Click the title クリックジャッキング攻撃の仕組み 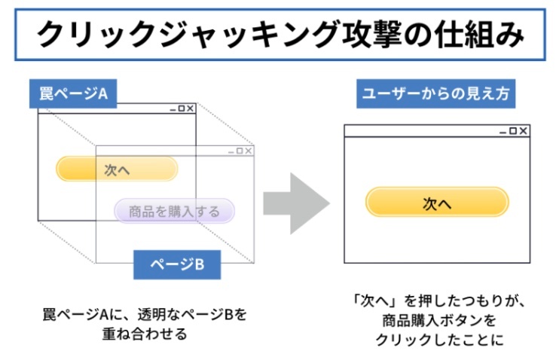280,35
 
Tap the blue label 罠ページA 73,93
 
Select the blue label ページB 177,264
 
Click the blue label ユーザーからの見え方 435,93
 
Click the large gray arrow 296,203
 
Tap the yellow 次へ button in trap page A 117,169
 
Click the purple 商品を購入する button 174,211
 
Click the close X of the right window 523,131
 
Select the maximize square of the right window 513,131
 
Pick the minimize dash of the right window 502,133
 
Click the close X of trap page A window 190,108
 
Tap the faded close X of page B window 248,151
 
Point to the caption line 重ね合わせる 145,334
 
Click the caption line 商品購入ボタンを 439,320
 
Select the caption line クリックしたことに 439,340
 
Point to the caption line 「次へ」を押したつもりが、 439,301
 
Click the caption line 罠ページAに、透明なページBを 145,314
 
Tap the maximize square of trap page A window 181,108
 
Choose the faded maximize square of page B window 240,151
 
